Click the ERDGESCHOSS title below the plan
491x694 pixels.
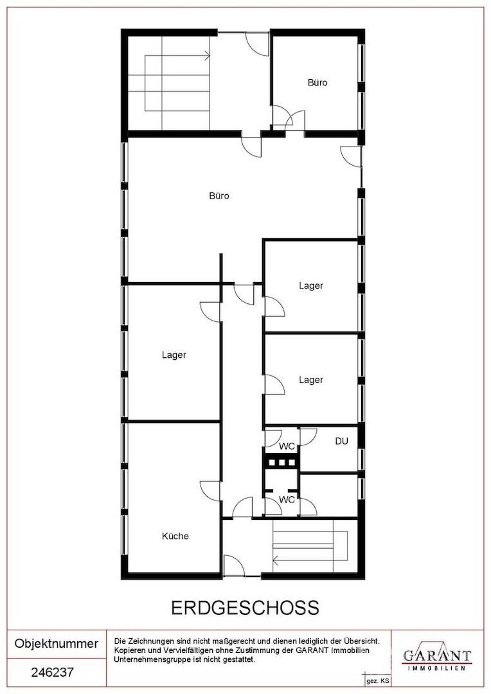245,608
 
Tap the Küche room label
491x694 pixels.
175,536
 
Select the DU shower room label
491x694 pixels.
341,441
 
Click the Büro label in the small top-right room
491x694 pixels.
317,82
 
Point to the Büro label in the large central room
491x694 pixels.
219,195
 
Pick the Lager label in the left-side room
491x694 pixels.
174,355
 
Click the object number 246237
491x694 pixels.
52,672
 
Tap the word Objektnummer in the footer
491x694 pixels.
57,643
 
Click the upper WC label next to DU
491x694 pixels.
287,447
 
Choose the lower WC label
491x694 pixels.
287,500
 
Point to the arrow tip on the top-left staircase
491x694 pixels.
210,56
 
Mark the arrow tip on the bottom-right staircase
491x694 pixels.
273,561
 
